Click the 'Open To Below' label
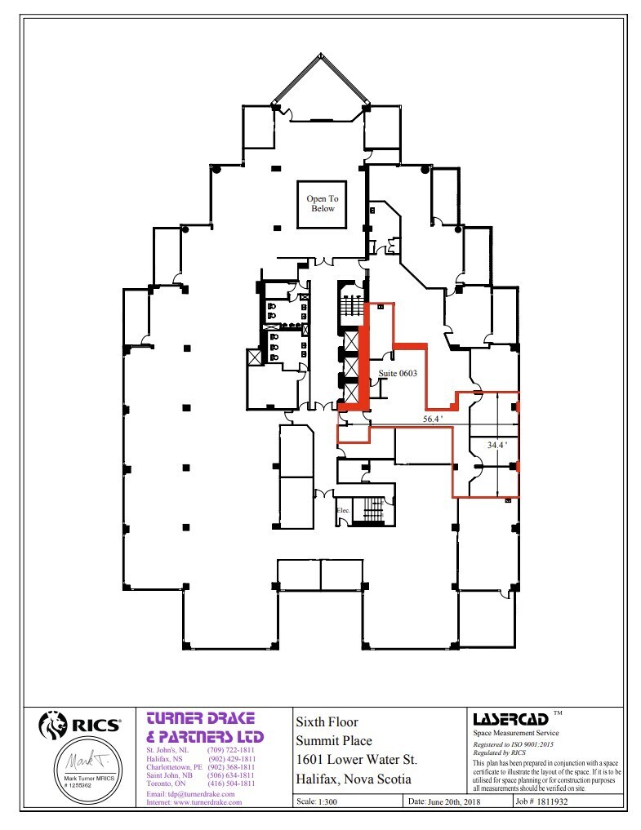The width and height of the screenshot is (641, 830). [x=322, y=203]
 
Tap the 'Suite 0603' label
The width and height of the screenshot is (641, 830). [x=398, y=374]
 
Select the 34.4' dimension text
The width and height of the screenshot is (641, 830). [x=497, y=445]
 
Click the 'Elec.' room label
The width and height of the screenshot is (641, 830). [x=344, y=511]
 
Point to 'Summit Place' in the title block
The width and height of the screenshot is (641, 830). [x=333, y=741]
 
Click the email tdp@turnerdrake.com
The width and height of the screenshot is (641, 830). [x=190, y=794]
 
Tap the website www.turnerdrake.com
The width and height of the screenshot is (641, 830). [x=194, y=802]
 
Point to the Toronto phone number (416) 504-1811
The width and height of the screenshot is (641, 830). [x=232, y=783]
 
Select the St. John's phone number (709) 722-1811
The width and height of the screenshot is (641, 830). [x=232, y=749]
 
